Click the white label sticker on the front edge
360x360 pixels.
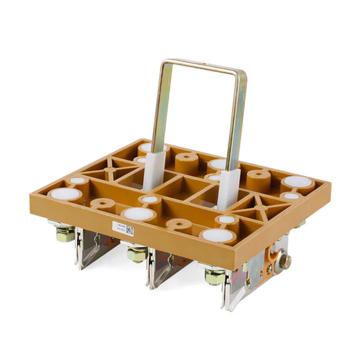tap(123, 228)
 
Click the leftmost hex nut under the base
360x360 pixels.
tap(66, 234)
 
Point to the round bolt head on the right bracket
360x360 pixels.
tap(285, 262)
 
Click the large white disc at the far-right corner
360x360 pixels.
tap(297, 182)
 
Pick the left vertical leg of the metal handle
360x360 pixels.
tap(159, 104)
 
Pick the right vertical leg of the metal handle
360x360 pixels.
tap(237, 118)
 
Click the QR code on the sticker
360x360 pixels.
tap(129, 230)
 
